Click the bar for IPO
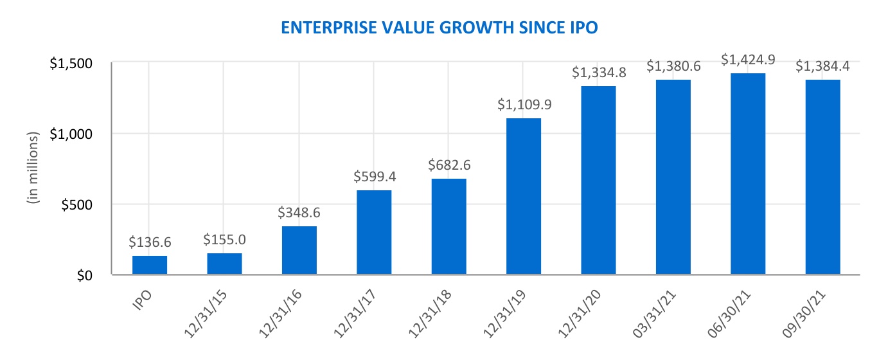click(x=150, y=265)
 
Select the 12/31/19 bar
click(x=524, y=196)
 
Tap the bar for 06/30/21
click(x=748, y=174)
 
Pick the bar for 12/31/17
click(x=374, y=233)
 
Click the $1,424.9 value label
click(x=748, y=60)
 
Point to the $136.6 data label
click(x=150, y=242)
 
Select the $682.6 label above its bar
click(x=449, y=165)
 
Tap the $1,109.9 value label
click(x=524, y=104)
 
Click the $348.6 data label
click(x=299, y=212)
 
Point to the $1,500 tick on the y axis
click(x=71, y=63)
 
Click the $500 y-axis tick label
click(x=77, y=204)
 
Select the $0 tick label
click(x=85, y=276)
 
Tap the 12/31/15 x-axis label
click(x=206, y=314)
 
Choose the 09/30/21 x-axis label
click(x=804, y=314)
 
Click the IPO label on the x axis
click(x=142, y=301)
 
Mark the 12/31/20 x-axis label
click(x=580, y=314)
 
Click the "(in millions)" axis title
click(x=33, y=168)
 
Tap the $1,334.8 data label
click(x=599, y=72)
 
